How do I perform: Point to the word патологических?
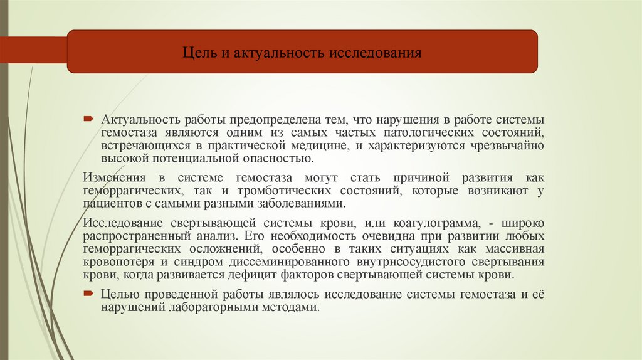click(x=438, y=132)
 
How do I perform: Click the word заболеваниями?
click(x=301, y=203)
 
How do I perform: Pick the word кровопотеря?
click(x=116, y=262)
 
